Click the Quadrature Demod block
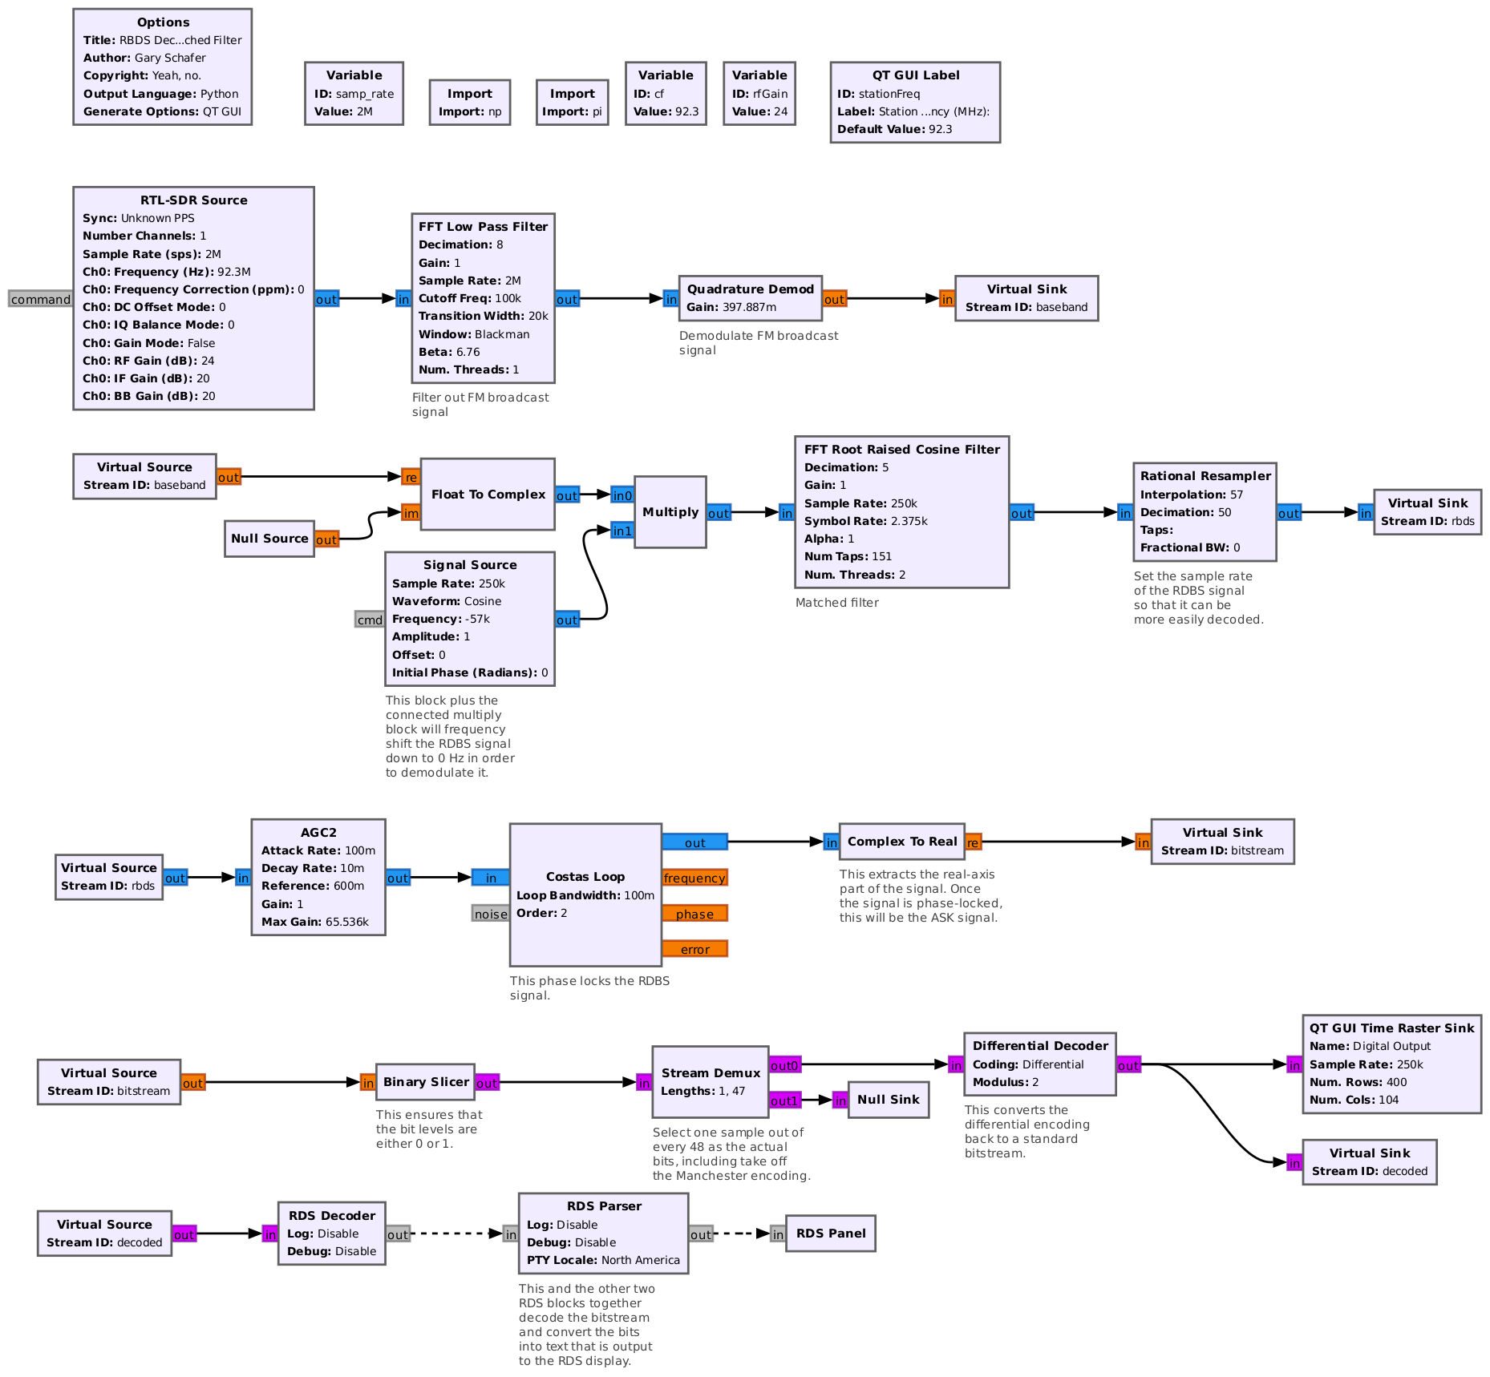pyautogui.click(x=750, y=298)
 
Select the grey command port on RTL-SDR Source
pyautogui.click(x=40, y=299)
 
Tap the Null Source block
pyautogui.click(x=269, y=539)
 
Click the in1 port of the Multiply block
pyautogui.click(x=622, y=531)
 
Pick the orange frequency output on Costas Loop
pyautogui.click(x=694, y=878)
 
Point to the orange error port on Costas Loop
pyautogui.click(x=694, y=949)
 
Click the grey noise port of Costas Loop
pyautogui.click(x=490, y=914)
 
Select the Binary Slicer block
pyautogui.click(x=425, y=1082)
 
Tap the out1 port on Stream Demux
pyautogui.click(x=784, y=1100)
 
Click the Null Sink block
pyautogui.click(x=888, y=1100)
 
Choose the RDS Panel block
pyautogui.click(x=831, y=1234)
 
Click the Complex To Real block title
pyautogui.click(x=902, y=842)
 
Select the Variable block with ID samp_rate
pyautogui.click(x=354, y=94)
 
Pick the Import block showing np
pyautogui.click(x=470, y=103)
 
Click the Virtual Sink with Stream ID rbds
pyautogui.click(x=1427, y=512)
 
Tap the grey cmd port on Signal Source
pyautogui.click(x=370, y=620)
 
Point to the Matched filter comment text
pyautogui.click(x=836, y=603)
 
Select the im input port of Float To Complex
pyautogui.click(x=411, y=513)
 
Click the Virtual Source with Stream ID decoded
pyautogui.click(x=104, y=1234)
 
